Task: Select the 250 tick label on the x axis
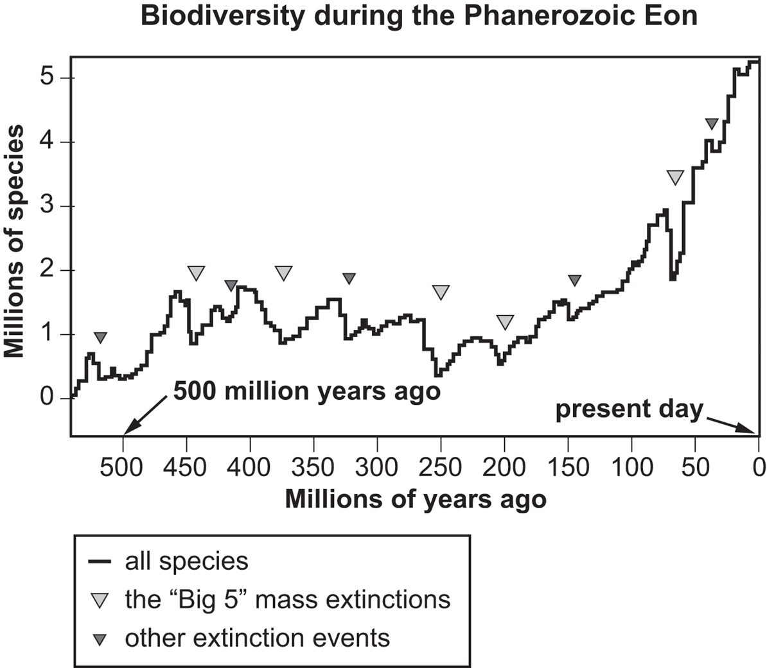pos(441,467)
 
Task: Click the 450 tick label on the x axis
pos(186,467)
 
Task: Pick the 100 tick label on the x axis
pos(631,467)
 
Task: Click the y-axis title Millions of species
pos(14,241)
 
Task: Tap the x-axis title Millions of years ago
pos(415,499)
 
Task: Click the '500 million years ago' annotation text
pos(307,391)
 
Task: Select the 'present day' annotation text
pos(630,409)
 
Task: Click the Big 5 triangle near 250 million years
pos(441,292)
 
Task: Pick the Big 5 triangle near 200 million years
pos(505,321)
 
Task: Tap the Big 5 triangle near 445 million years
pos(196,273)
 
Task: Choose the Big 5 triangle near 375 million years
pos(283,273)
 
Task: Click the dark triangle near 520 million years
pos(100,338)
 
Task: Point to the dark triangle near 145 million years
pos(575,280)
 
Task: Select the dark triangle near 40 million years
pos(710,124)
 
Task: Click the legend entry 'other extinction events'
pos(257,638)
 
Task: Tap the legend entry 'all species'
pos(186,561)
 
